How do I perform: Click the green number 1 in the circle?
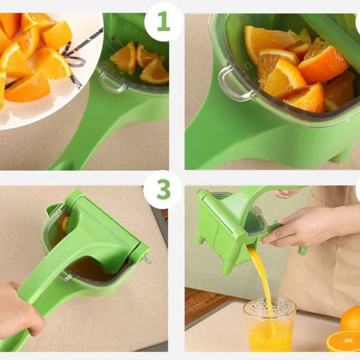click(163, 21)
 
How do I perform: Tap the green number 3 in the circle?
click(163, 189)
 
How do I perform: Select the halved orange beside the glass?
click(343, 341)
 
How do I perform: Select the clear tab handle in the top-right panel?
click(232, 83)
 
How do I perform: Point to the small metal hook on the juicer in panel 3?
click(146, 259)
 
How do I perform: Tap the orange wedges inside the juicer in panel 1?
click(140, 62)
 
